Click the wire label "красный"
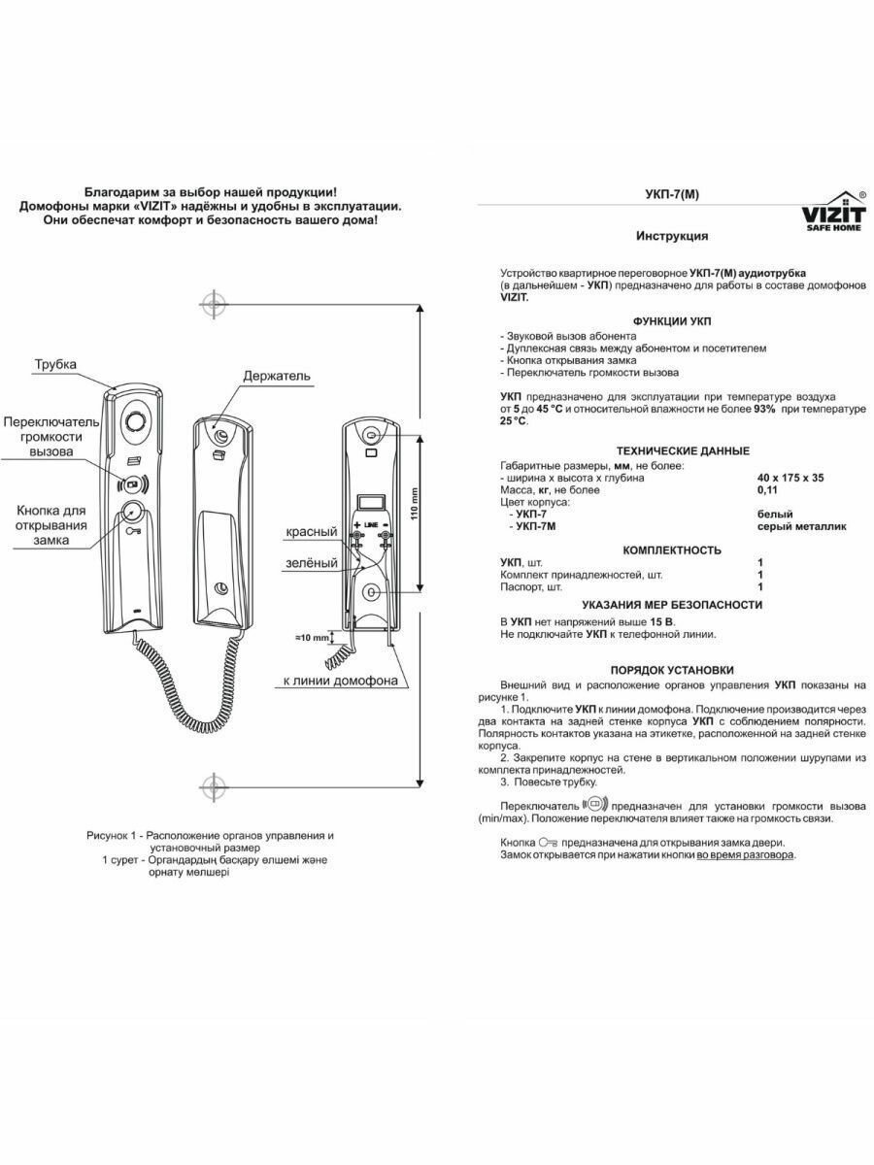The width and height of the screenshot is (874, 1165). [x=312, y=532]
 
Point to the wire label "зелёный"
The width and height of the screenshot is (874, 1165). [x=312, y=562]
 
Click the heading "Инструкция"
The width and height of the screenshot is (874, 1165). [x=672, y=236]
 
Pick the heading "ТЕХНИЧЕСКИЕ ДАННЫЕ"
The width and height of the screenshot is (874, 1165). [x=683, y=450]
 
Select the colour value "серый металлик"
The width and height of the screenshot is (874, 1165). [x=801, y=526]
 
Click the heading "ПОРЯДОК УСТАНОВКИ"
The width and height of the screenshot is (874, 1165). [x=672, y=670]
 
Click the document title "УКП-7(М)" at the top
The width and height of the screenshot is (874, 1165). [x=671, y=194]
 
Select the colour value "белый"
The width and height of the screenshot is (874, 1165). [x=775, y=514]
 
